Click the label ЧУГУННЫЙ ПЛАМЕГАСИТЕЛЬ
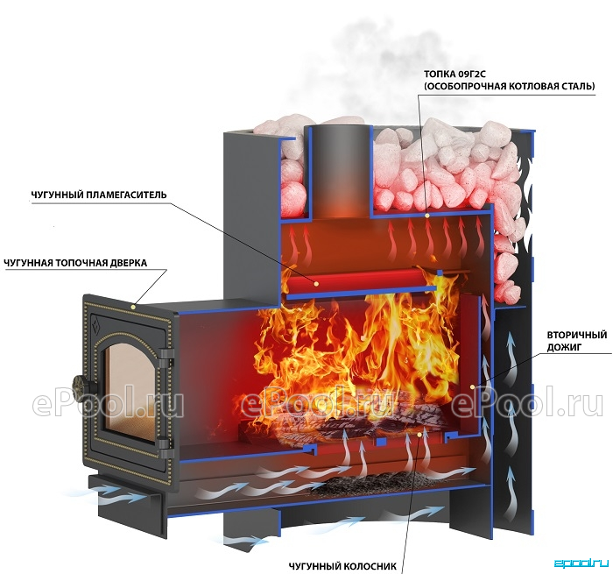(98, 195)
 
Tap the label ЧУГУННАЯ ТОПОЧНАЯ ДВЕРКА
(75, 263)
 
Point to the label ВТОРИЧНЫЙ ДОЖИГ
(576, 341)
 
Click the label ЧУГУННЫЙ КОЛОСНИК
(342, 566)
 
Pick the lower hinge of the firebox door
(167, 448)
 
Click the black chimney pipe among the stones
(339, 172)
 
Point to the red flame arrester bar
(362, 280)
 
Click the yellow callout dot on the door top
(133, 307)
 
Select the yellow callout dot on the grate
(419, 435)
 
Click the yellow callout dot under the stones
(427, 216)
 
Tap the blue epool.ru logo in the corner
(581, 563)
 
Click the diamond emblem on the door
(95, 323)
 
